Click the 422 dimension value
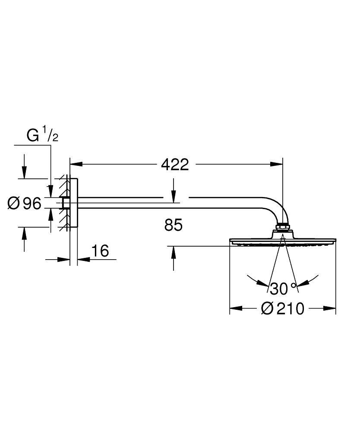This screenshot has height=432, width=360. point(175,165)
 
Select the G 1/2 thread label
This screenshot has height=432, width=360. point(42,136)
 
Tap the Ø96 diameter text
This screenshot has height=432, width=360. point(25,203)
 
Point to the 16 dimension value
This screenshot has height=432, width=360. point(100,250)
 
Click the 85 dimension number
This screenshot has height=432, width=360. point(174,225)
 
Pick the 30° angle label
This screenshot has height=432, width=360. point(283,287)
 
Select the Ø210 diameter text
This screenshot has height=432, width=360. point(283,308)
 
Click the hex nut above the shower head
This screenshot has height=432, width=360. point(282,226)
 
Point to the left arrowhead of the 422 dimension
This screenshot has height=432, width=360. point(76,164)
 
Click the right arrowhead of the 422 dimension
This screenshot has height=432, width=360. point(277,164)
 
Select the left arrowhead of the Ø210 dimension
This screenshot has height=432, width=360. point(235,308)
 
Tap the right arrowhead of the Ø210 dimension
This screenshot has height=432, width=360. point(330,308)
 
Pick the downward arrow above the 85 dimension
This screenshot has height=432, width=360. point(174,196)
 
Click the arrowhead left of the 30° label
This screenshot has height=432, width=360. point(261,283)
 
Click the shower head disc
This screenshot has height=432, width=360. point(282,241)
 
